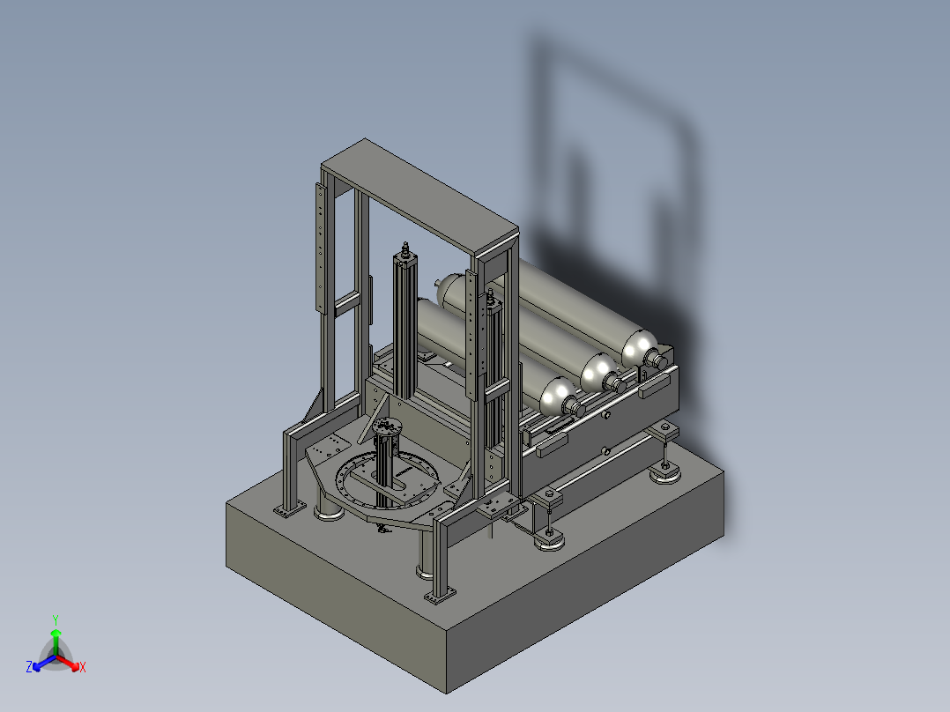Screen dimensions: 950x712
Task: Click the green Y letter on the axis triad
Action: coord(56,619)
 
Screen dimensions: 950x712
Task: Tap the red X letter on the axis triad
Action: coord(83,667)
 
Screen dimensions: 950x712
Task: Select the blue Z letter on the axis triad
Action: coord(29,667)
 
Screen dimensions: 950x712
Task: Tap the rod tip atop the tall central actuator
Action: coord(404,248)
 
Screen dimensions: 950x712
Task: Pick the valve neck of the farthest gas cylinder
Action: coord(655,360)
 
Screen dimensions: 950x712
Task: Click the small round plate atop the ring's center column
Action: coord(386,425)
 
